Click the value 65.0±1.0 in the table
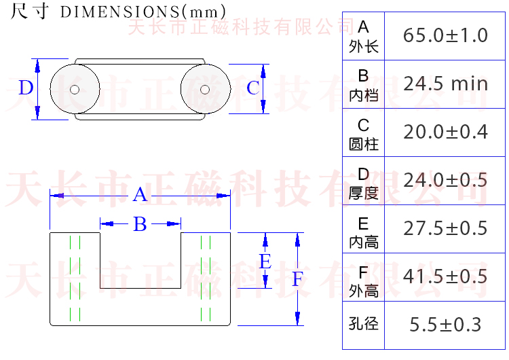[445, 35]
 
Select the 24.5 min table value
[445, 84]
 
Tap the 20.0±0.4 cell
[445, 132]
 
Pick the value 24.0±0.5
[445, 180]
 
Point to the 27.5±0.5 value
[445, 228]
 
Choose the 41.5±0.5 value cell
[445, 276]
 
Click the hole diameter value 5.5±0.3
[445, 325]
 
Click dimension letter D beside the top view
[26, 88]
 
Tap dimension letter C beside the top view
[252, 88]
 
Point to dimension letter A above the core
[140, 196]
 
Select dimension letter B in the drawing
[140, 224]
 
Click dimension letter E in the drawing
[265, 262]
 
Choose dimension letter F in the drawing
[297, 279]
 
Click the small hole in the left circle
[75, 89]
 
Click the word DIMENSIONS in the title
[119, 13]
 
